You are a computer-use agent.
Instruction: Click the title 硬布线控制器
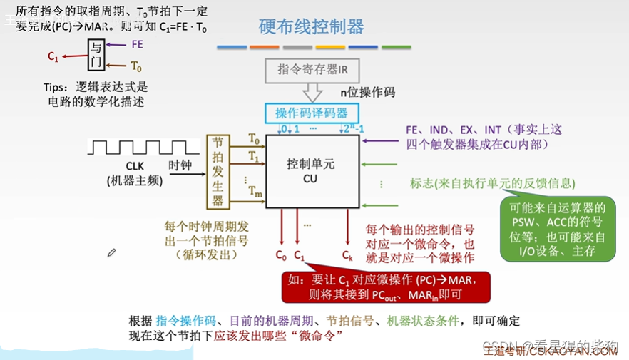point(311,27)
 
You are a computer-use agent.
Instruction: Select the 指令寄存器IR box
point(312,70)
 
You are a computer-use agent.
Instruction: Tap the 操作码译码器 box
point(312,113)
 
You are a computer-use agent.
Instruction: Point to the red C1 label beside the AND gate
point(53,56)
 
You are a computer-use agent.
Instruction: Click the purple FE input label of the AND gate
point(138,44)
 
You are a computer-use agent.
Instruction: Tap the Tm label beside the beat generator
point(254,190)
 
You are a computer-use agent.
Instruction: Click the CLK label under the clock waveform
point(135,166)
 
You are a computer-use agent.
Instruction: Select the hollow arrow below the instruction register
point(312,93)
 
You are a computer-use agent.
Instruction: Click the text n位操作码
point(367,92)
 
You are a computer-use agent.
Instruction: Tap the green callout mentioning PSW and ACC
point(557,229)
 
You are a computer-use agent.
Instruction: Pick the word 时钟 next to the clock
point(180,165)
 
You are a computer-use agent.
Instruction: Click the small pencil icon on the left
point(111,252)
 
